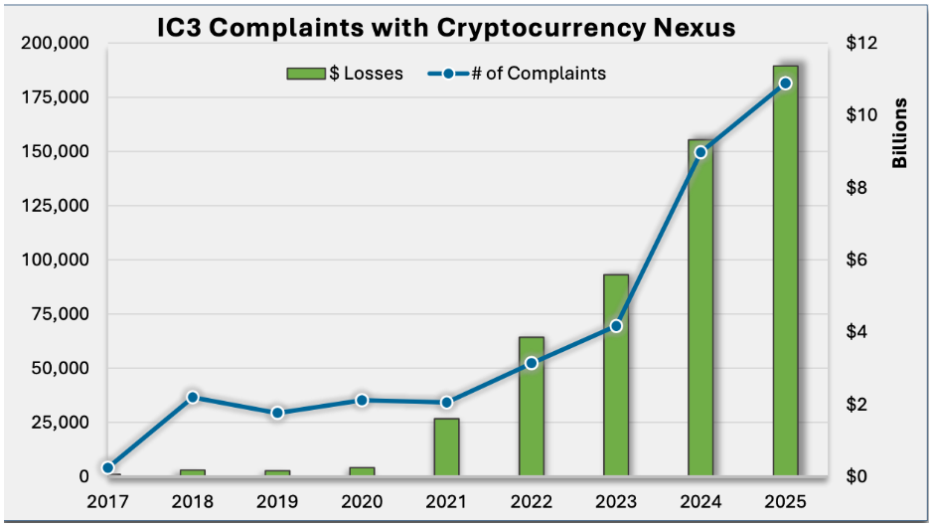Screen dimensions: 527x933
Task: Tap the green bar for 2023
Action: click(616, 376)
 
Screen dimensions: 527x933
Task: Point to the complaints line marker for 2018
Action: click(194, 397)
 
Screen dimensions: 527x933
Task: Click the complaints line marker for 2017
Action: click(108, 467)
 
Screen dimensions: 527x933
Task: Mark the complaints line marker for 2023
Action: click(616, 326)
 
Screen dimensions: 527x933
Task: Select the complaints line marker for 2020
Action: click(363, 400)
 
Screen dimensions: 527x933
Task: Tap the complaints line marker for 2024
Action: click(700, 152)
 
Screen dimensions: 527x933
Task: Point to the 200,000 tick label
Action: click(55, 44)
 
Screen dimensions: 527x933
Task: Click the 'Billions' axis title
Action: click(900, 134)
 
